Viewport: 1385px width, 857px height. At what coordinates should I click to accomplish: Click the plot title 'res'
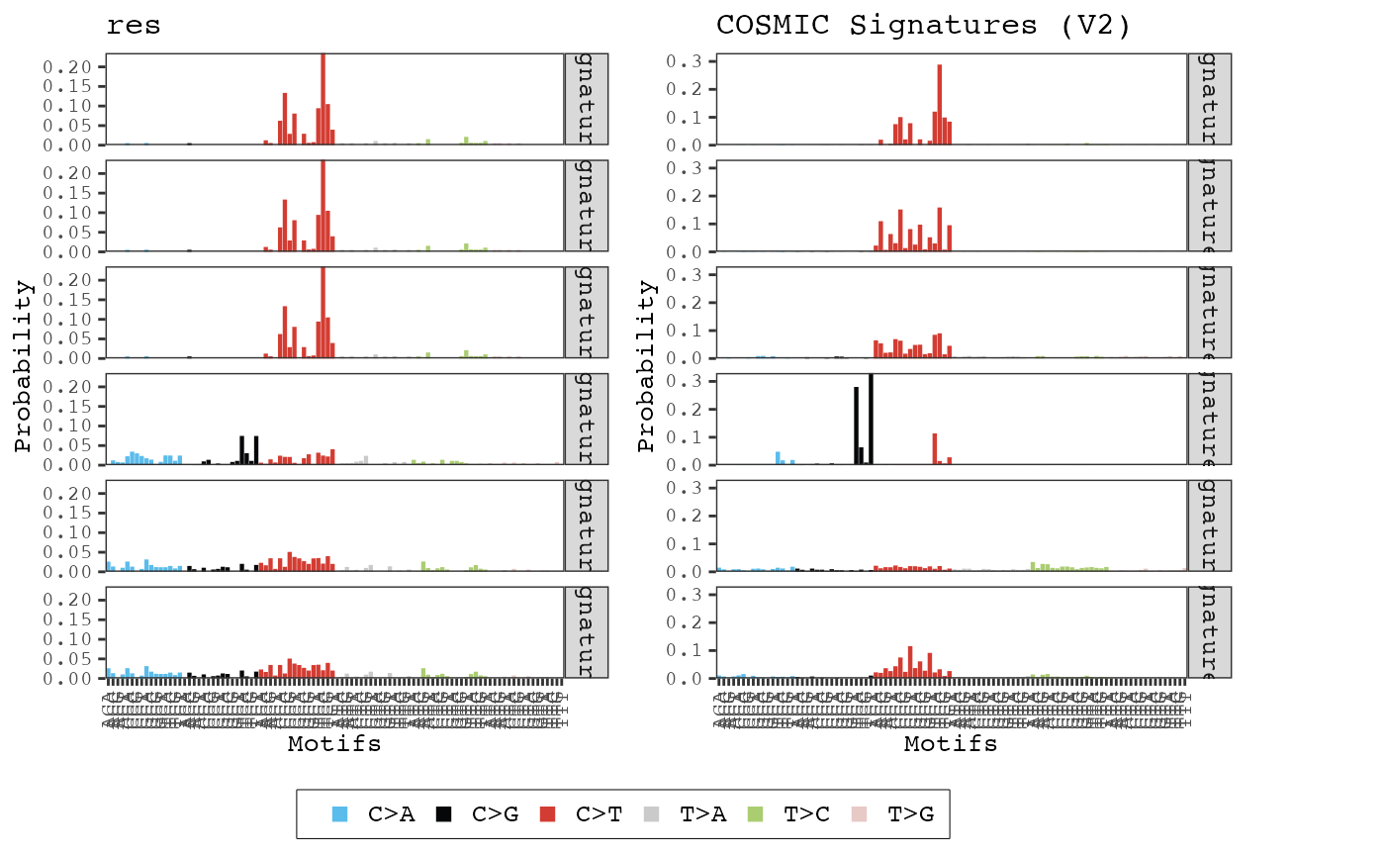tap(134, 26)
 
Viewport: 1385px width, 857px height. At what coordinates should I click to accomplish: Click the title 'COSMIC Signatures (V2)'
tap(923, 26)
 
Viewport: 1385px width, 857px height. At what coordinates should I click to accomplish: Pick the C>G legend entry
tap(477, 814)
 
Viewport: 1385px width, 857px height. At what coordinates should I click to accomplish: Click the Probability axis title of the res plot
tap(24, 366)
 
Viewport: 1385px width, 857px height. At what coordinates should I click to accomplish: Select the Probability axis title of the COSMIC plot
tap(647, 366)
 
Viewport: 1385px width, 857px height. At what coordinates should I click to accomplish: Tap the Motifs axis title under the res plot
tap(334, 744)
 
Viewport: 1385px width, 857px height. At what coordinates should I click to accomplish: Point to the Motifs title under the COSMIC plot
tap(951, 744)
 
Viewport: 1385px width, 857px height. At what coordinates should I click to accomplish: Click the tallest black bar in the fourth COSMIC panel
tap(871, 420)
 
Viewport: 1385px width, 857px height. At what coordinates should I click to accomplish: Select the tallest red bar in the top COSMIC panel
tap(939, 105)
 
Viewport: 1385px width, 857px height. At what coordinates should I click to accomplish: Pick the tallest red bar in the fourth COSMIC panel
tap(934, 448)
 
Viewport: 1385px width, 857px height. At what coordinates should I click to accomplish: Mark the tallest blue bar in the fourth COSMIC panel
tap(778, 458)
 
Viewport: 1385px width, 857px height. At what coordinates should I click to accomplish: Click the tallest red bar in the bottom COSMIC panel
tap(910, 662)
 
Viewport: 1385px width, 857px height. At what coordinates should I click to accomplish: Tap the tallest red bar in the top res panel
tap(323, 99)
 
